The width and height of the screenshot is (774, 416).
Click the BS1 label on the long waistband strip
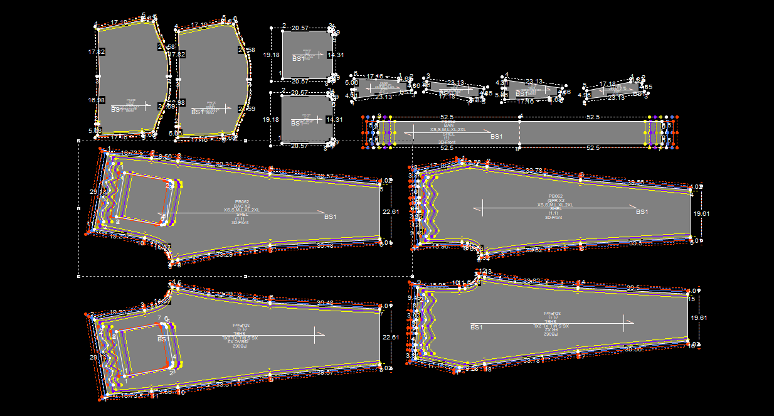(x=496, y=136)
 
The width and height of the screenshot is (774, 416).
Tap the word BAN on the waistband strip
(x=448, y=125)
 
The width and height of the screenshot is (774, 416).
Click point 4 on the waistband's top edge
(x=521, y=116)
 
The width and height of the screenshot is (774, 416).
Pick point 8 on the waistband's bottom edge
(x=517, y=149)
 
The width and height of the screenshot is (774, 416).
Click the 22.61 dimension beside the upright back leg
(x=390, y=212)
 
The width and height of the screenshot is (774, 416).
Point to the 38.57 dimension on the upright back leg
(x=326, y=176)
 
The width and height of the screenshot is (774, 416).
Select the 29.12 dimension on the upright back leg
(x=94, y=191)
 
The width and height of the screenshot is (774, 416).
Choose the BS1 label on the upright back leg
(x=331, y=217)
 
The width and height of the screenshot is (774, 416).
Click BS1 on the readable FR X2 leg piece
(x=642, y=212)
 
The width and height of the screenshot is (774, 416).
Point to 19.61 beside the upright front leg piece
(x=701, y=213)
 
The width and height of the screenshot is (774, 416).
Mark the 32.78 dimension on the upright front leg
(x=534, y=170)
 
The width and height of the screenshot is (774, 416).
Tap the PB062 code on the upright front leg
(x=556, y=196)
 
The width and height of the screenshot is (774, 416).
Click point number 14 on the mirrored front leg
(x=581, y=283)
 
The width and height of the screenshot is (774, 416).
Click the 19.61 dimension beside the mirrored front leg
(x=701, y=318)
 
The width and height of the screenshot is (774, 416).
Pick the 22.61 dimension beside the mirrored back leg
(x=390, y=338)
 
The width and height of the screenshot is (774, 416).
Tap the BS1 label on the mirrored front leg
(x=477, y=327)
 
